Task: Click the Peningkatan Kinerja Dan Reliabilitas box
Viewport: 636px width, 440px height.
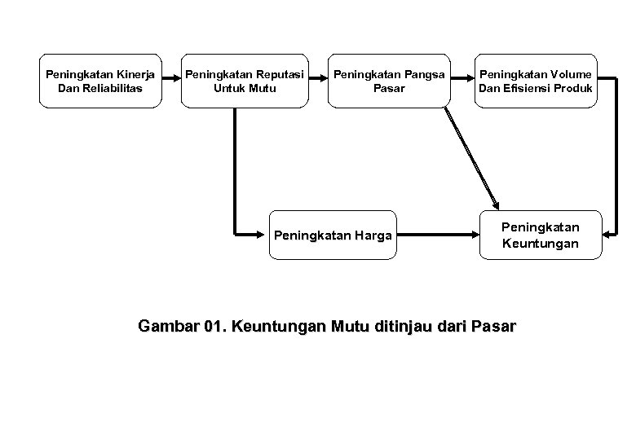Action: point(100,81)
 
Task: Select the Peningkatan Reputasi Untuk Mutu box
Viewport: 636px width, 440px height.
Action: point(245,81)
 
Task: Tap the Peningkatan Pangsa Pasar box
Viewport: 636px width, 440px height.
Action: point(388,81)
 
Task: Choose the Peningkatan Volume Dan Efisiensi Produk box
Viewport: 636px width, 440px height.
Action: point(536,81)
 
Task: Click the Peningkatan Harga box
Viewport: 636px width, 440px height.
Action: point(333,235)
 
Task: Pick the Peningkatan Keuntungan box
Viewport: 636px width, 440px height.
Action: point(540,235)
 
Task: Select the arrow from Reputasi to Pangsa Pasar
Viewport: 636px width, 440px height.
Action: point(318,77)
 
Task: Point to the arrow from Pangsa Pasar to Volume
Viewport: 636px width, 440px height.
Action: point(463,77)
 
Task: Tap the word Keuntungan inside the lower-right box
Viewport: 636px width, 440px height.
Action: point(540,243)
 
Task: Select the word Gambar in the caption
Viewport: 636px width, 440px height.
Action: point(168,327)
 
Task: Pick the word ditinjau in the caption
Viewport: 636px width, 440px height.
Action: point(404,327)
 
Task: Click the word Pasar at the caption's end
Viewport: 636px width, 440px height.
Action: point(492,327)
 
